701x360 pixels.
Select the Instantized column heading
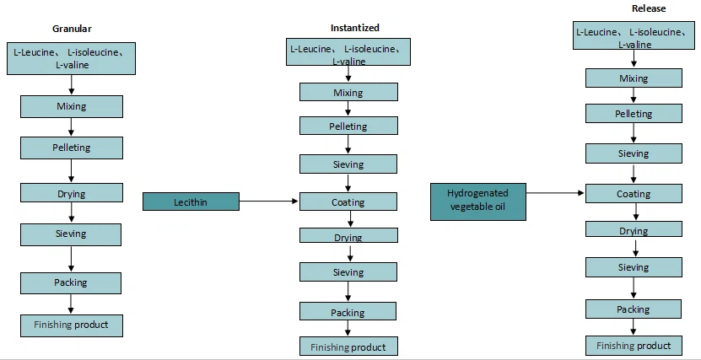(x=354, y=28)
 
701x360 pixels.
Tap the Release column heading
(x=649, y=9)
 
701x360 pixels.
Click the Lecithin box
(x=191, y=201)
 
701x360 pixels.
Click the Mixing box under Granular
(x=72, y=106)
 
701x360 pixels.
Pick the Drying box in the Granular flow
(x=72, y=193)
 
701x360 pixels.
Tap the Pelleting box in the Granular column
(x=72, y=148)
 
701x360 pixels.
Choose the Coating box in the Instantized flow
(x=348, y=201)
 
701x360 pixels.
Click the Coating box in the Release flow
(x=634, y=193)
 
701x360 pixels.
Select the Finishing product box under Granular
(x=72, y=325)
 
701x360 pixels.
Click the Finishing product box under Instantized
(x=348, y=347)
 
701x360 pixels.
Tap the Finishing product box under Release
(x=634, y=345)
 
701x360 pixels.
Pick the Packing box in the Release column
(x=634, y=309)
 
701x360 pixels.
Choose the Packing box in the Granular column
(x=72, y=282)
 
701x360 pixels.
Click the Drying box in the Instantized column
(x=348, y=238)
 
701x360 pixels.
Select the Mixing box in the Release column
(x=634, y=78)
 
